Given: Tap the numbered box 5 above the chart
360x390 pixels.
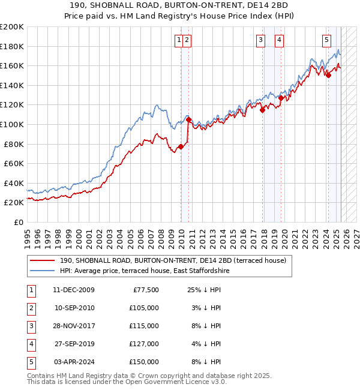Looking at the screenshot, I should (x=326, y=40).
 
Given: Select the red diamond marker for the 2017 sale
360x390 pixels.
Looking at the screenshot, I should (x=262, y=110).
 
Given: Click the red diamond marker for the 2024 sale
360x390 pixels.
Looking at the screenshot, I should (x=328, y=75).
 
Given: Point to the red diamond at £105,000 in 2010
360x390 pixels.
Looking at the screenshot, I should (x=188, y=119).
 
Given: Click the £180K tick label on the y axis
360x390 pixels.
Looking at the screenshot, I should (x=12, y=46).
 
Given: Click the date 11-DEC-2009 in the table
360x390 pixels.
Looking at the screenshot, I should (x=74, y=290).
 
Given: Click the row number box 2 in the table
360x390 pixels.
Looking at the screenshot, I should (x=31, y=308).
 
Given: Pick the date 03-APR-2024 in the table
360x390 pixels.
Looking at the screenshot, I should (x=74, y=362).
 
